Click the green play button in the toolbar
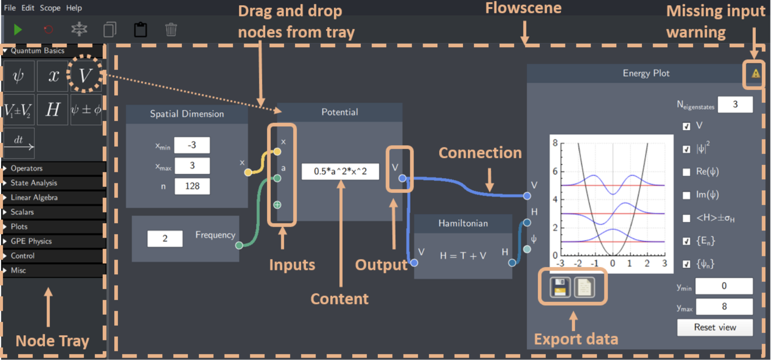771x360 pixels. click(x=18, y=30)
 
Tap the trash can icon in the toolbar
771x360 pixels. click(x=171, y=30)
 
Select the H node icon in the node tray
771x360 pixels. click(x=52, y=110)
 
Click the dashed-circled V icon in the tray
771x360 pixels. click(x=85, y=75)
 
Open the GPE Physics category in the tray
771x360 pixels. click(x=31, y=241)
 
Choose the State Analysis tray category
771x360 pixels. click(x=34, y=183)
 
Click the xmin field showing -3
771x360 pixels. click(x=192, y=145)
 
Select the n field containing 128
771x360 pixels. click(x=192, y=186)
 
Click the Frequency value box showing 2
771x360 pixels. click(x=165, y=239)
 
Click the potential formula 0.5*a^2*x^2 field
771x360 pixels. click(x=340, y=171)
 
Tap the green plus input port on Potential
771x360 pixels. click(x=277, y=205)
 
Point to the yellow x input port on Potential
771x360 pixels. click(x=277, y=152)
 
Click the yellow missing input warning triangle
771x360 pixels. click(x=755, y=73)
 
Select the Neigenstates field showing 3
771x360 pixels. click(x=735, y=104)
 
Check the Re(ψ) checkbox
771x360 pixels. click(x=686, y=172)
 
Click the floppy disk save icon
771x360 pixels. click(x=560, y=287)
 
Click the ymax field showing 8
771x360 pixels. click(x=724, y=307)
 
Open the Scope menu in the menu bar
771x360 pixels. click(x=50, y=8)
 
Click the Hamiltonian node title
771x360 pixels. click(x=463, y=223)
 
